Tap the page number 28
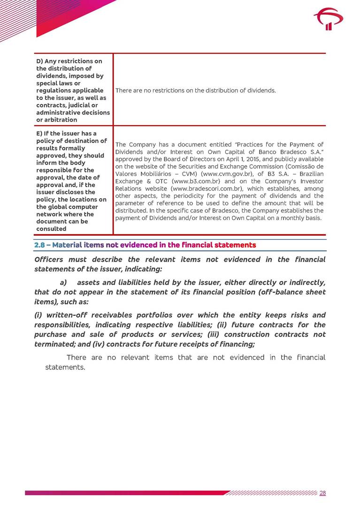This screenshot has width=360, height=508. (x=322, y=493)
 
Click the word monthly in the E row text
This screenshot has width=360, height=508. (x=293, y=218)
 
